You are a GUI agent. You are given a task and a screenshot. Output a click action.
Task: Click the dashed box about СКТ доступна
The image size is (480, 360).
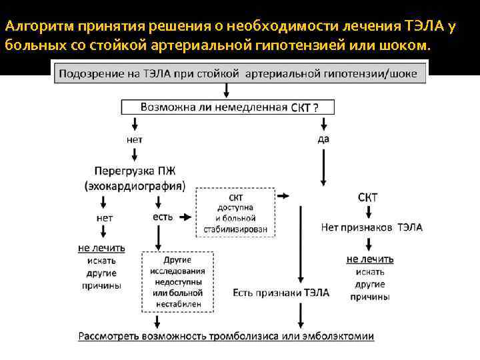235,212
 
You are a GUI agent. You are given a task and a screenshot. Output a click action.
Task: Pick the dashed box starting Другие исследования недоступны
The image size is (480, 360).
177,282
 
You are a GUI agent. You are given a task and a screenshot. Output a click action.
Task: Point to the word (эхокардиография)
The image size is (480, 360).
135,185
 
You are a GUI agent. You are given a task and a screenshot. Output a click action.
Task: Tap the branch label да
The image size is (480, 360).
324,139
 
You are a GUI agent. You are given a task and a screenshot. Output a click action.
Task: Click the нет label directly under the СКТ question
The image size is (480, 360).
134,139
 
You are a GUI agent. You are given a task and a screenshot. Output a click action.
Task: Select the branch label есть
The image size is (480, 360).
163,217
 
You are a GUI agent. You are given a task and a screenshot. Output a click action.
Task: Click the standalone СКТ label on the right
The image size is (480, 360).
367,197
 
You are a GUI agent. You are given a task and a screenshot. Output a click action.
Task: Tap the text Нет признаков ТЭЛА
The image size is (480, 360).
371,227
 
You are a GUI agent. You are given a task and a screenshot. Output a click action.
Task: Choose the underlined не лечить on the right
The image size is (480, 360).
370,259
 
